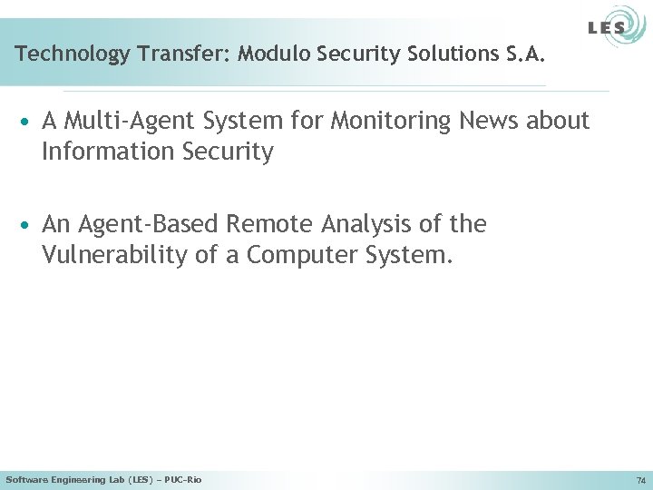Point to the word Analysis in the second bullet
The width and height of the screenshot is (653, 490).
click(x=374, y=224)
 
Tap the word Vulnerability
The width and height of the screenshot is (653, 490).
click(x=115, y=255)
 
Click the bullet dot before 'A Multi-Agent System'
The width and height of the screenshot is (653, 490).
click(x=27, y=122)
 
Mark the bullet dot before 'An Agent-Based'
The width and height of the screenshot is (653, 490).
click(x=27, y=225)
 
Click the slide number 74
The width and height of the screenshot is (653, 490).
click(x=641, y=480)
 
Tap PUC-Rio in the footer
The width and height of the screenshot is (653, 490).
click(x=185, y=479)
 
